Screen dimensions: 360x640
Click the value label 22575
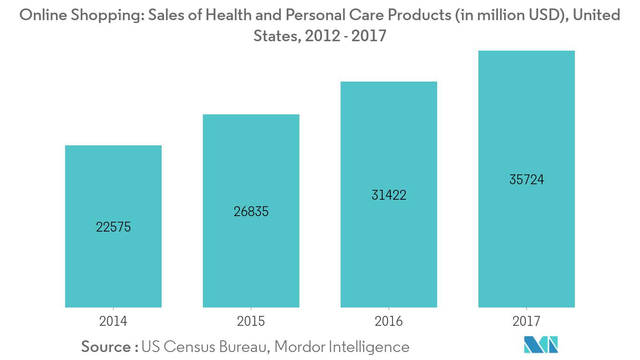point(113,227)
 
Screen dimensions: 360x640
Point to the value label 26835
point(251,211)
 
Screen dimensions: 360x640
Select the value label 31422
point(389,195)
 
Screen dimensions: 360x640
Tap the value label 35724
point(527,180)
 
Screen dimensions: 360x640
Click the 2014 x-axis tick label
point(113,321)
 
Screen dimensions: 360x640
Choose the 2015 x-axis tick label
point(251,321)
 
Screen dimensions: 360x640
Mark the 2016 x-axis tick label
point(389,321)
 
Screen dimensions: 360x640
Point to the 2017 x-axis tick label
point(527,321)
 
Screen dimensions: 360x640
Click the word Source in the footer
point(106,347)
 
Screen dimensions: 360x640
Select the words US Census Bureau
point(205,347)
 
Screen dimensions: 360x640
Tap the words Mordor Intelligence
point(342,347)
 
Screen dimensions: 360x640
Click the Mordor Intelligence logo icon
point(541,345)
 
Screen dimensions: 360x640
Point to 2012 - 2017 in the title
point(345,36)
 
